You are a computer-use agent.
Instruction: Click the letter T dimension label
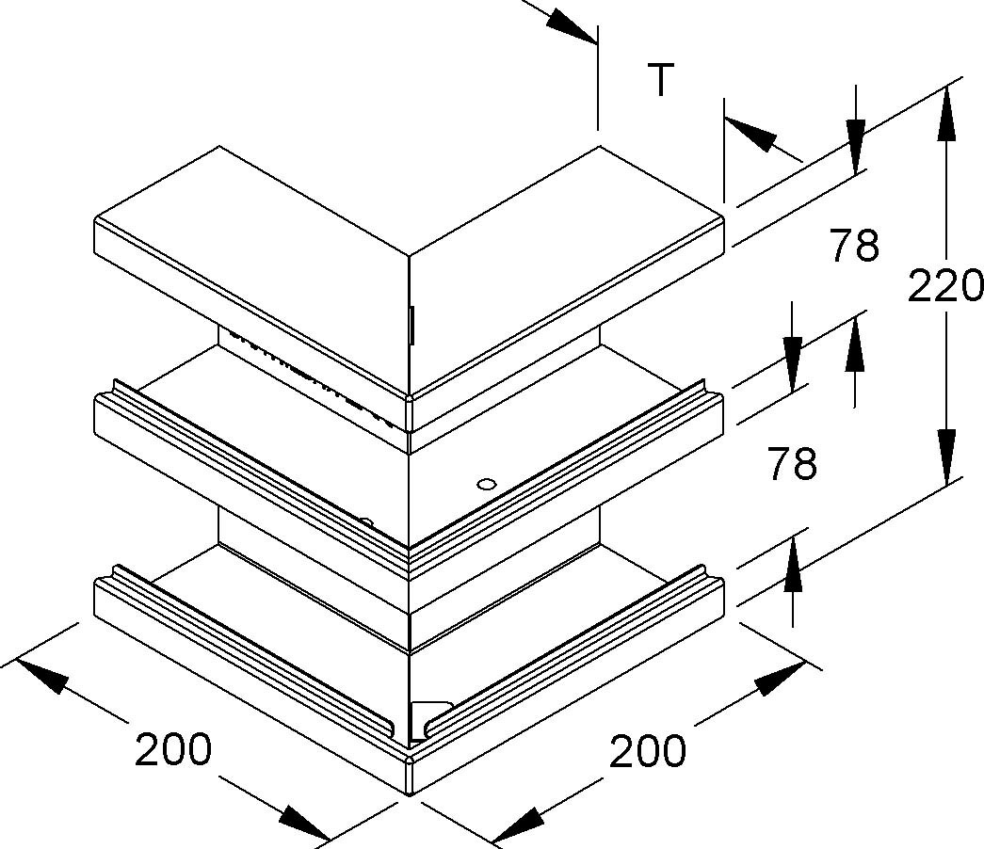click(662, 81)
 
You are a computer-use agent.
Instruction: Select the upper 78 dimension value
click(854, 246)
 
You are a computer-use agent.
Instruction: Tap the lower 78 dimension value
click(791, 463)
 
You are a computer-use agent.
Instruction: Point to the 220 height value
click(944, 286)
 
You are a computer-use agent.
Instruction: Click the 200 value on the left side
click(173, 751)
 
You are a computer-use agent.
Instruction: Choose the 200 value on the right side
click(648, 751)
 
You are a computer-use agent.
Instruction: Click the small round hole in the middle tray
click(486, 484)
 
